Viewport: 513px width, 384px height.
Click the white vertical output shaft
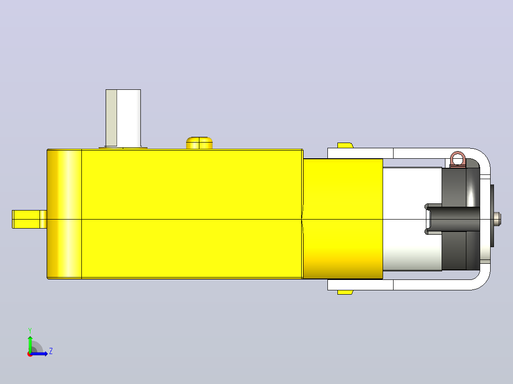point(123,118)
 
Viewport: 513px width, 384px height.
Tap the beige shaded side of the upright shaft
point(111,118)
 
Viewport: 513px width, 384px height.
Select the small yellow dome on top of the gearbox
point(199,143)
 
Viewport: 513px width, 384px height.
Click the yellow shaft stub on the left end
point(30,219)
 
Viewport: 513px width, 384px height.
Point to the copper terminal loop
point(458,160)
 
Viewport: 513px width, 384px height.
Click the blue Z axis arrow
point(39,354)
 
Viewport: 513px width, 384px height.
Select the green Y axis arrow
point(30,344)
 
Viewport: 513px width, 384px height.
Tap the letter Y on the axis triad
point(30,330)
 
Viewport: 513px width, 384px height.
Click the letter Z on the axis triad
point(51,351)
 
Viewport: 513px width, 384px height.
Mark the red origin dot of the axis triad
point(30,354)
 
